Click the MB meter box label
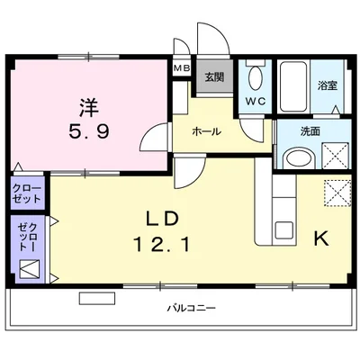click(x=182, y=68)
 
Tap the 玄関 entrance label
click(x=214, y=77)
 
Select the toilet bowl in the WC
click(x=256, y=77)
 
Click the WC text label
click(x=256, y=102)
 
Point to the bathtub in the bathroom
click(x=293, y=86)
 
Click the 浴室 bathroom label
click(x=328, y=86)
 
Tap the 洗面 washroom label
click(x=310, y=131)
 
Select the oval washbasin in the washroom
click(x=299, y=157)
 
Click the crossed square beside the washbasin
click(x=335, y=156)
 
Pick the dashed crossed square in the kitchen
click(x=337, y=193)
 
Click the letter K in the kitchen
click(x=321, y=238)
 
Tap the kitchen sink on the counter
click(x=284, y=230)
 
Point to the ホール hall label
click(x=207, y=131)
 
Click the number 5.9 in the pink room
click(x=89, y=131)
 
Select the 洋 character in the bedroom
click(x=89, y=108)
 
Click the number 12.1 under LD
click(x=162, y=244)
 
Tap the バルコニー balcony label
click(x=192, y=308)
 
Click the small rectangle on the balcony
click(x=97, y=298)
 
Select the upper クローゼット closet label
click(x=26, y=193)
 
